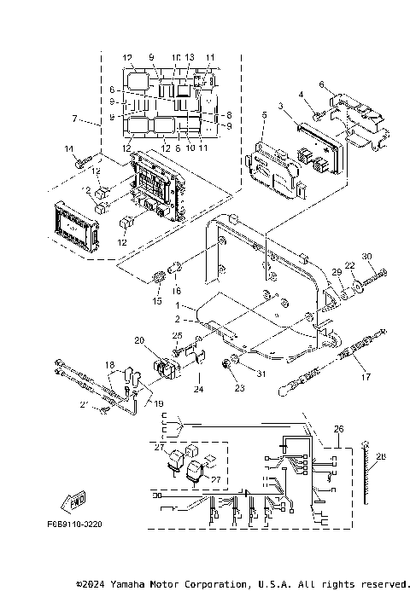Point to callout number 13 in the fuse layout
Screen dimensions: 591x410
pyautogui.click(x=190, y=58)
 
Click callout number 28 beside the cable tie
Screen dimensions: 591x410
pyautogui.click(x=381, y=457)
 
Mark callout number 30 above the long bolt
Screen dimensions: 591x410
pyautogui.click(x=367, y=257)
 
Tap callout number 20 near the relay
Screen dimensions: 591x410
pyautogui.click(x=139, y=340)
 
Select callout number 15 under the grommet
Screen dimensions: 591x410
pyautogui.click(x=156, y=301)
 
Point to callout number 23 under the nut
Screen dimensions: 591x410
pyautogui.click(x=228, y=388)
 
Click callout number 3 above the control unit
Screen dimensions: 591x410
pyautogui.click(x=279, y=105)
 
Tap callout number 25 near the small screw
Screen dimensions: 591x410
pyautogui.click(x=178, y=335)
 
